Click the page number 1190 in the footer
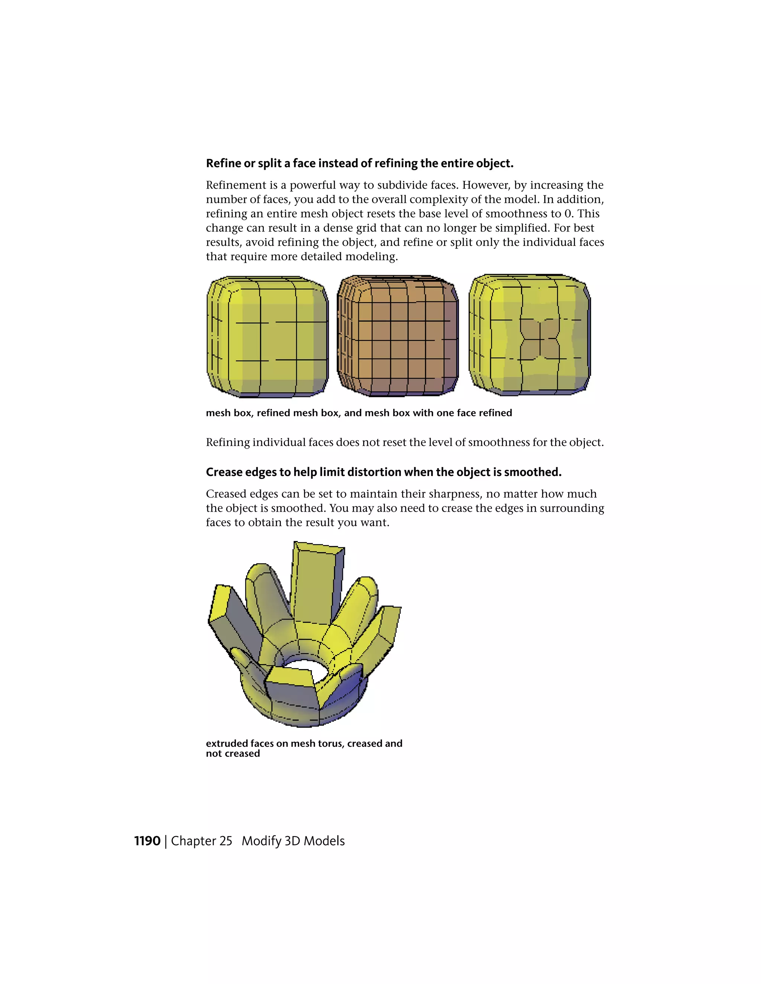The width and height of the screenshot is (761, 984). tap(147, 841)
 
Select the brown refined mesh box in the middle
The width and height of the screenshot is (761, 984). tap(398, 336)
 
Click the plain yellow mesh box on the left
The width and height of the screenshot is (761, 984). tap(268, 337)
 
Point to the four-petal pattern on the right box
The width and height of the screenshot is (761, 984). tap(540, 339)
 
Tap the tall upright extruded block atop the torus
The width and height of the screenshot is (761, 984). tap(317, 581)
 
